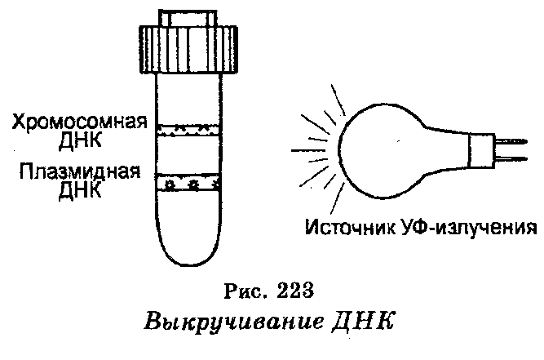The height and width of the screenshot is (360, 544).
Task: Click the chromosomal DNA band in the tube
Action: point(188,129)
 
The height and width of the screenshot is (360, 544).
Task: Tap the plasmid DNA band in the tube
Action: point(188,183)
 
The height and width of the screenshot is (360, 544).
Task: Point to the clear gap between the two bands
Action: point(188,155)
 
